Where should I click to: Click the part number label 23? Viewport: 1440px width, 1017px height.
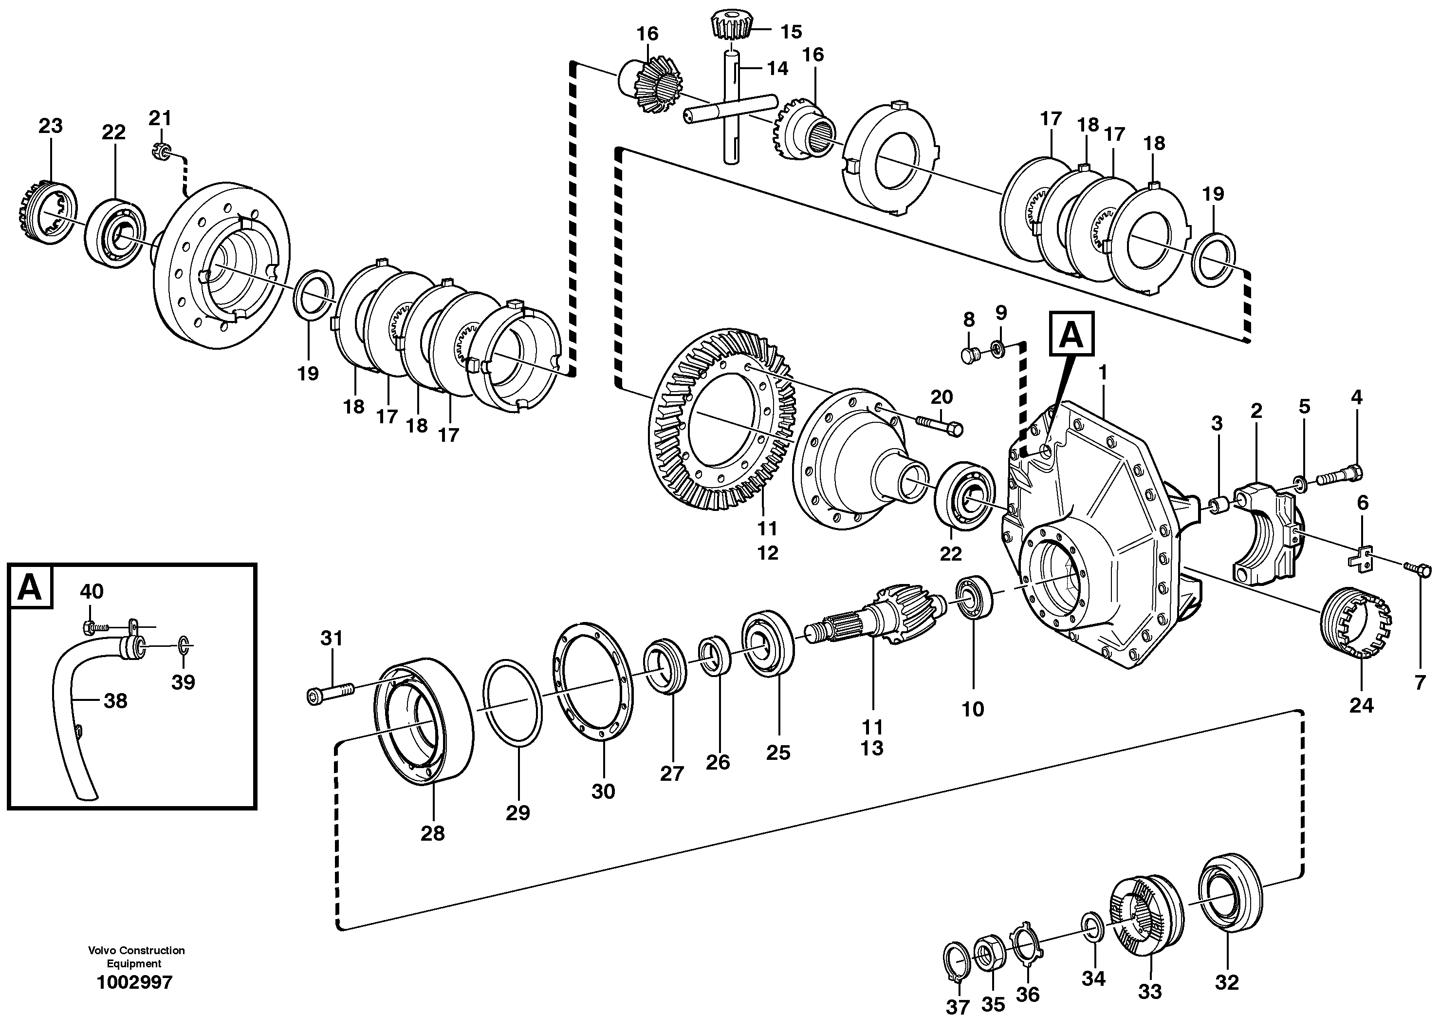[50, 126]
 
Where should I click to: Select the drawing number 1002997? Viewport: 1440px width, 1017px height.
[134, 982]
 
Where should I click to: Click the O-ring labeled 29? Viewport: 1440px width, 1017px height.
[513, 703]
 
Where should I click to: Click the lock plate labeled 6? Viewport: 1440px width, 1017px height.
[1360, 557]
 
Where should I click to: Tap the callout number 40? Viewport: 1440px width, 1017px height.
[92, 591]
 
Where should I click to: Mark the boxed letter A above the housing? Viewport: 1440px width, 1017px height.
[1071, 335]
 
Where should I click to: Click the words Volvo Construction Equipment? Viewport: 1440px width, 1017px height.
[136, 957]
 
